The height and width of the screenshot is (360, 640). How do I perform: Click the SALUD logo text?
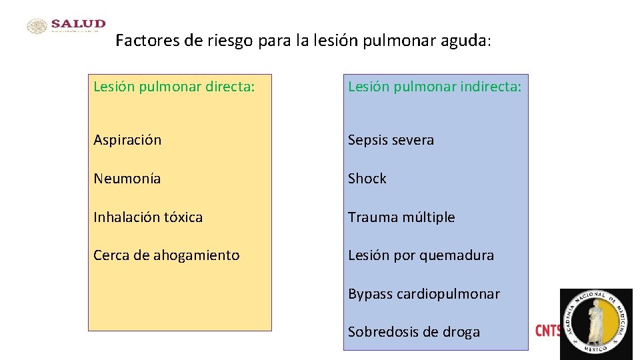(x=78, y=24)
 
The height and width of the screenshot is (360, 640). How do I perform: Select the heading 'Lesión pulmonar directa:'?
(x=174, y=87)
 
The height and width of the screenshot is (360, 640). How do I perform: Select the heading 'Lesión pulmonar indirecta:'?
(x=435, y=87)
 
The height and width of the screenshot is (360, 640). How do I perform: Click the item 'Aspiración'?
(x=127, y=140)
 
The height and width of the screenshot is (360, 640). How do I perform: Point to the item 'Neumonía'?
(x=127, y=179)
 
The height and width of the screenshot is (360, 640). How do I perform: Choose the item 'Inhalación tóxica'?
(x=148, y=217)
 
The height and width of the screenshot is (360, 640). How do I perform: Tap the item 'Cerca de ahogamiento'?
(x=166, y=255)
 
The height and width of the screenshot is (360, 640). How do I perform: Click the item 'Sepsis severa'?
(x=391, y=140)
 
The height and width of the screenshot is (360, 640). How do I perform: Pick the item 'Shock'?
(x=367, y=179)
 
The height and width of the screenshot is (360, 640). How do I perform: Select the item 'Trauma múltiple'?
(x=401, y=217)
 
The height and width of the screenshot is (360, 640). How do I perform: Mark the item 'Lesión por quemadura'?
(x=421, y=255)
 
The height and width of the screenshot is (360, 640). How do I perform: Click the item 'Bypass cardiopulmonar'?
(x=423, y=294)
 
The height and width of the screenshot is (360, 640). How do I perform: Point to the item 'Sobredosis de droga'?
(x=413, y=332)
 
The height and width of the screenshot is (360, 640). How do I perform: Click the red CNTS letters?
(x=547, y=331)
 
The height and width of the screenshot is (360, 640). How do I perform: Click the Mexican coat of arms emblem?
(x=37, y=26)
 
